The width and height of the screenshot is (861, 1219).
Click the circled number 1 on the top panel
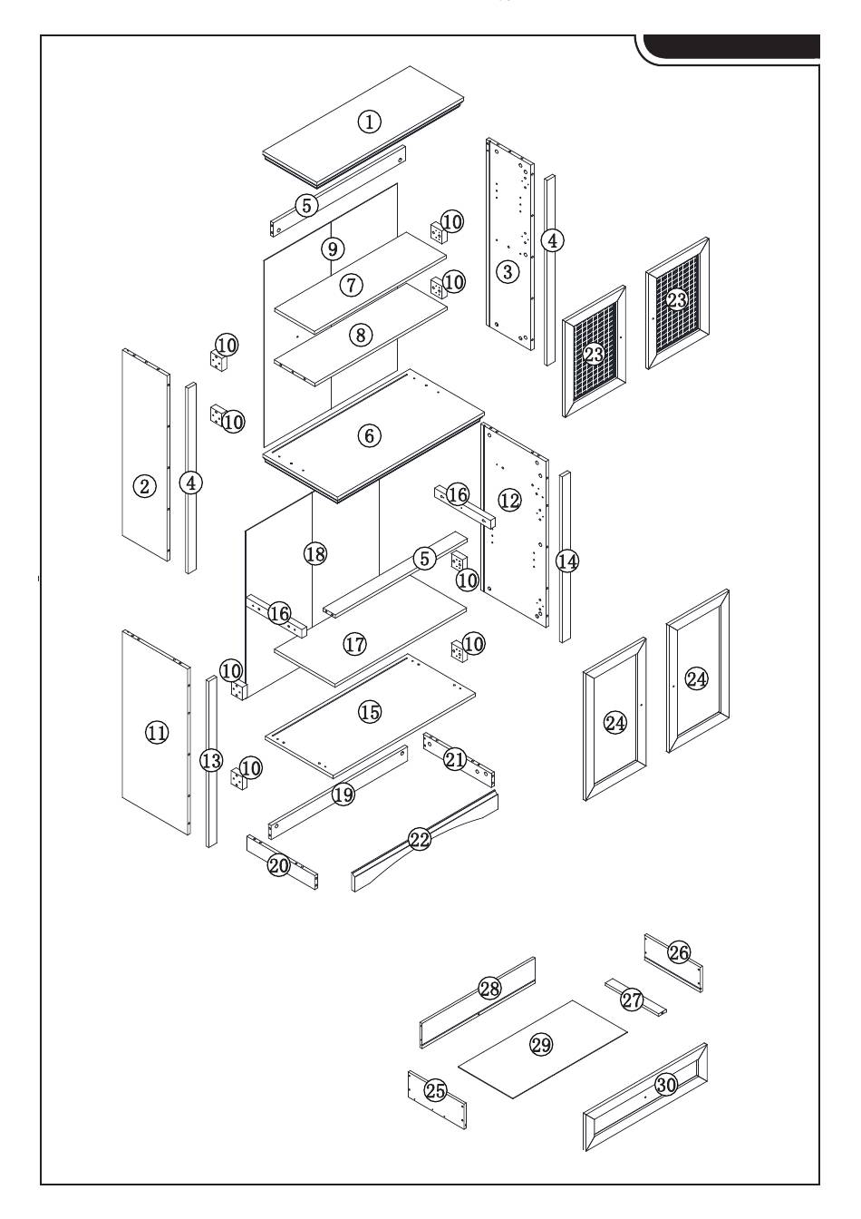click(x=369, y=122)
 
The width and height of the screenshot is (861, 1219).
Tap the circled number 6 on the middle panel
click(x=368, y=435)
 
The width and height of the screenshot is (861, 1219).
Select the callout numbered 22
click(x=419, y=839)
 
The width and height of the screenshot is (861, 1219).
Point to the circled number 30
click(x=666, y=1085)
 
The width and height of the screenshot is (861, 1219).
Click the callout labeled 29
click(x=541, y=1045)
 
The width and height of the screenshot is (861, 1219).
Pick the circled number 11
click(x=157, y=732)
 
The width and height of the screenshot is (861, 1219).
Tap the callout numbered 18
click(x=314, y=553)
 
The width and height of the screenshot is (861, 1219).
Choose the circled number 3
click(x=508, y=270)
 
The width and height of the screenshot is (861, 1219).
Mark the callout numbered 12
click(x=509, y=499)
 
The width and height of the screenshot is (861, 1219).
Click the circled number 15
click(x=370, y=712)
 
